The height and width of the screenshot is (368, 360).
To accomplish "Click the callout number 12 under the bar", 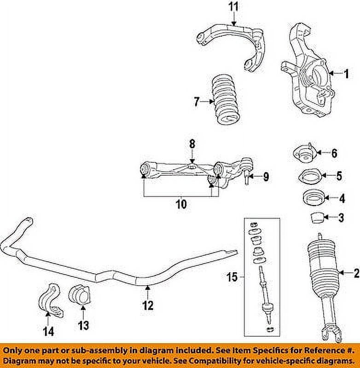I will coord(148,305).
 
